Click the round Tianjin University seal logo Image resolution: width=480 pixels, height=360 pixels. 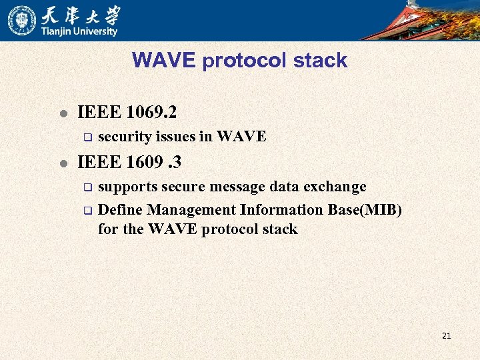tap(22, 20)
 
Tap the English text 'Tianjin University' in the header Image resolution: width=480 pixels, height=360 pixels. tap(80, 31)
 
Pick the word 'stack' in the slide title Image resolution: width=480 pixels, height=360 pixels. tap(319, 60)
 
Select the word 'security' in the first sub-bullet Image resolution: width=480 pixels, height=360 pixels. tap(124, 137)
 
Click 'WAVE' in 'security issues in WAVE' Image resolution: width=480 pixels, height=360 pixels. tap(241, 137)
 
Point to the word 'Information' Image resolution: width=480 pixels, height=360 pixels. tap(281, 210)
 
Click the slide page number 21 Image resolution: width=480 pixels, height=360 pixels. tap(446, 335)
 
